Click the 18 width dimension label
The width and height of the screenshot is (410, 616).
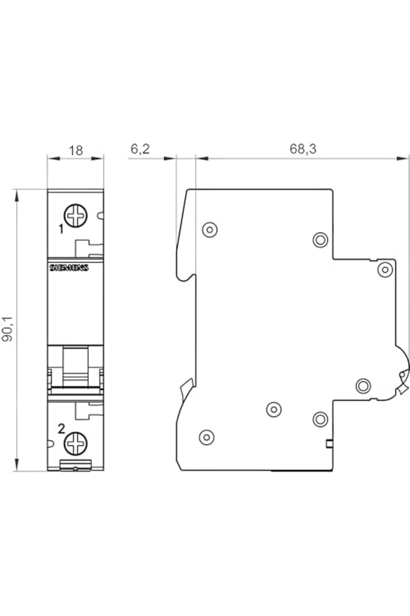click(x=76, y=150)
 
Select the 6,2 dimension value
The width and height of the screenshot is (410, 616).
click(x=140, y=149)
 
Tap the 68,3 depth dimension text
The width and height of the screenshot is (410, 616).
click(x=303, y=149)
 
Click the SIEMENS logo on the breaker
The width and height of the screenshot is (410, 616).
click(x=69, y=268)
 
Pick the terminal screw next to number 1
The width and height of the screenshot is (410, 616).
click(x=76, y=216)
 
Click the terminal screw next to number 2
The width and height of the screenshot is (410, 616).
click(x=76, y=444)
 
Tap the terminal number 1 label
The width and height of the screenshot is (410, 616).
click(x=61, y=229)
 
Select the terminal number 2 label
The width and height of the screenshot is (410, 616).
click(x=61, y=428)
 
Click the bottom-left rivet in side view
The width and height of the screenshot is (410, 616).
click(x=206, y=437)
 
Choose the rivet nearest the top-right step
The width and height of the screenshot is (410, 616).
click(x=320, y=240)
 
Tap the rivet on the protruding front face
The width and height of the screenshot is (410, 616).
click(x=385, y=269)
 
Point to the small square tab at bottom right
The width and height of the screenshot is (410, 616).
click(x=329, y=444)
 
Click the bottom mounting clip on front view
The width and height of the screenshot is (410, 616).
click(x=76, y=465)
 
